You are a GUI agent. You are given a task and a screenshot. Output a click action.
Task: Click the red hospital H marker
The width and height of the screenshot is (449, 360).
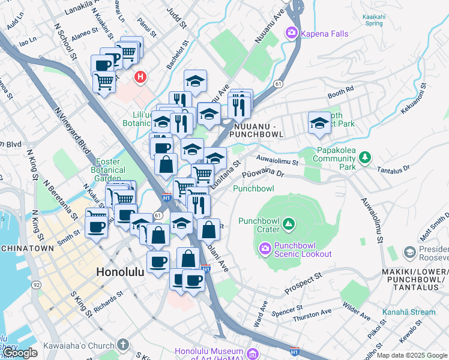click(x=141, y=77)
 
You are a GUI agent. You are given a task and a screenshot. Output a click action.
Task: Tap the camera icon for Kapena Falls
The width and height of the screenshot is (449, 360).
click(x=292, y=32)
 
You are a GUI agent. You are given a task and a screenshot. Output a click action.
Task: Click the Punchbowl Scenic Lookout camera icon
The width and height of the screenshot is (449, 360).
click(x=265, y=248)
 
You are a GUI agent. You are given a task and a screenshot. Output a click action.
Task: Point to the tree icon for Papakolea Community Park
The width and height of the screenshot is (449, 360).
click(x=364, y=158)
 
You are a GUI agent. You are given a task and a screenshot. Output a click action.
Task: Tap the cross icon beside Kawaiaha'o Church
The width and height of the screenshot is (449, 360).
click(x=123, y=345)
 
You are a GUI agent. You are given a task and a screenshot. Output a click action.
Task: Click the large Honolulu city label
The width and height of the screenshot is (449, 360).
click(x=120, y=272)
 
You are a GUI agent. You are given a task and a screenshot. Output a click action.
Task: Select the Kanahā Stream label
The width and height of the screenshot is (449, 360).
click(x=408, y=312)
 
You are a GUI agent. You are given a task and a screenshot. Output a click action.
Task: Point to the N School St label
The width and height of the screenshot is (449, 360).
click(x=67, y=43)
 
